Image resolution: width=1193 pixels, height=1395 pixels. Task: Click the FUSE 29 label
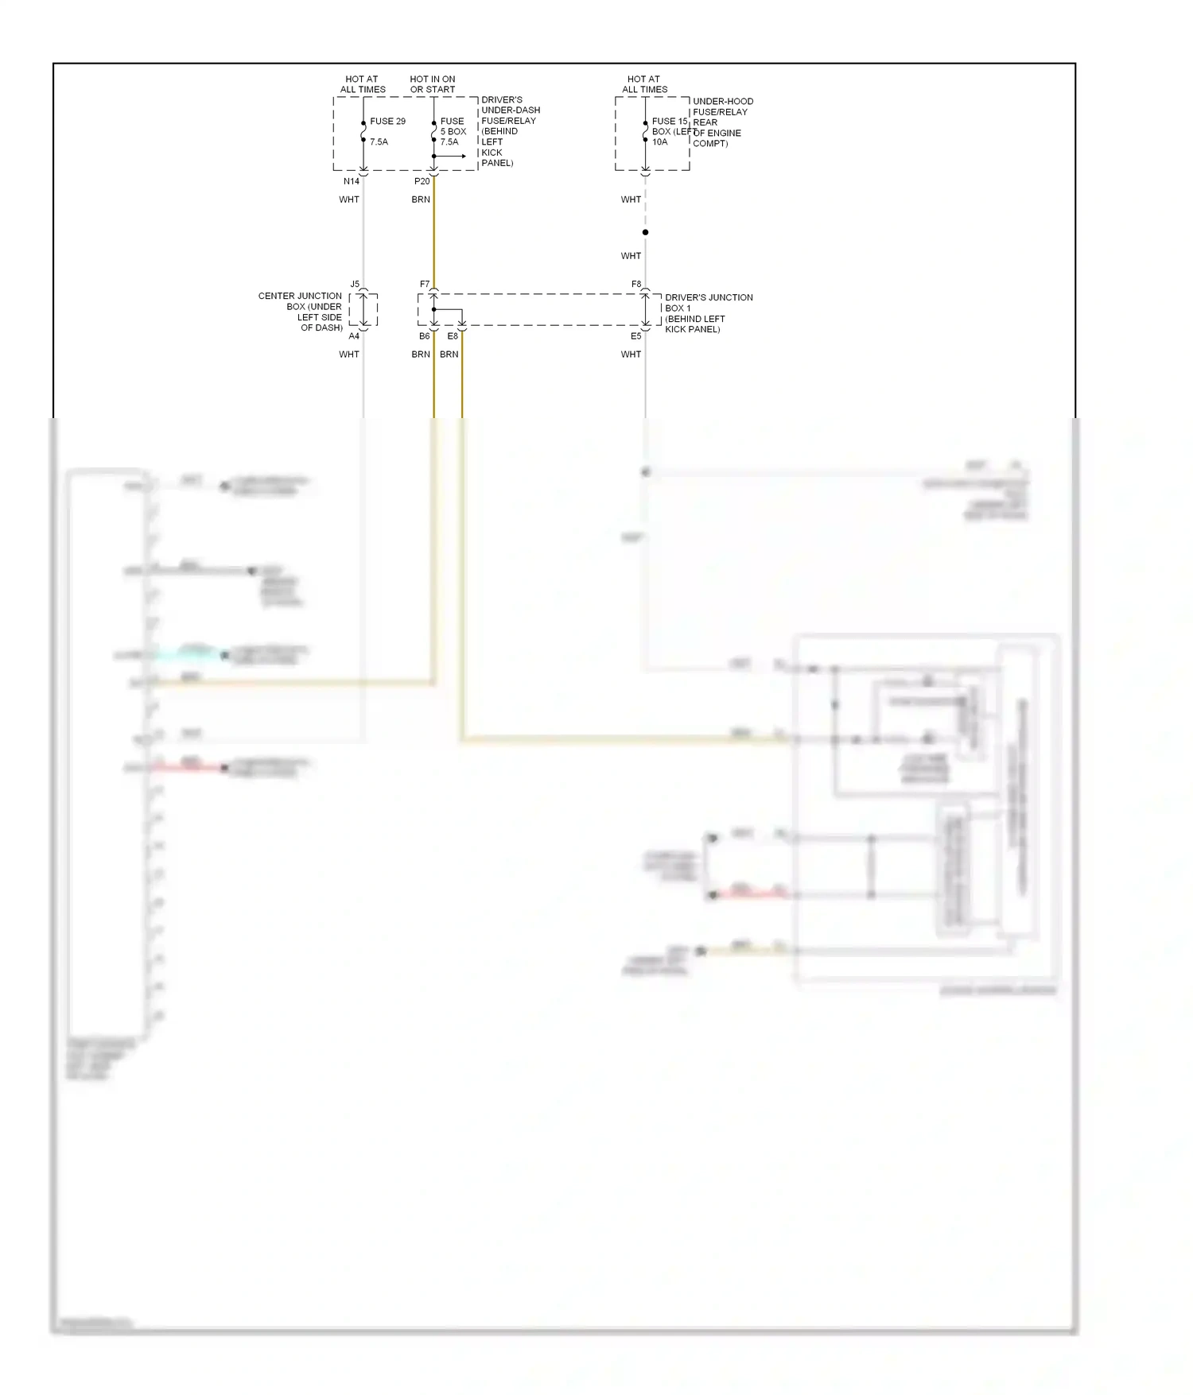point(387,122)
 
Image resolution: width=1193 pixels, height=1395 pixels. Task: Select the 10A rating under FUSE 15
point(660,142)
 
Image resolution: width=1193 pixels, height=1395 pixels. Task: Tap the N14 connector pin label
point(352,181)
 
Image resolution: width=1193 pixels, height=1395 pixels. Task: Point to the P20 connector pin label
point(422,181)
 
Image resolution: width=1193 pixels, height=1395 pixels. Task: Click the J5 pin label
point(355,284)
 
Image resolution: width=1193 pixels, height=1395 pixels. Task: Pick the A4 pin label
point(354,336)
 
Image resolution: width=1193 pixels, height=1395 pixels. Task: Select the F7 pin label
point(425,284)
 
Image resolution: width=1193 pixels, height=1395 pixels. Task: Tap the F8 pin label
point(636,284)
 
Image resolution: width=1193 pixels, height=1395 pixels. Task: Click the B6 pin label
point(425,336)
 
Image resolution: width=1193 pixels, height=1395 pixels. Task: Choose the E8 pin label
point(453,336)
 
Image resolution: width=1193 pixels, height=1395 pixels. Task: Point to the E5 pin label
point(636,336)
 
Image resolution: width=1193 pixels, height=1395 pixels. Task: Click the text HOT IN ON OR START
point(433,84)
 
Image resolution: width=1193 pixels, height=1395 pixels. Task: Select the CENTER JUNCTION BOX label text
point(301,312)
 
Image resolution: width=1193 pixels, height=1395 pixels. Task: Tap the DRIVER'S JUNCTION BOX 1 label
point(708,313)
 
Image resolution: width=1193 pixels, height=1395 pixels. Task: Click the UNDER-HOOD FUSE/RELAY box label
point(722,122)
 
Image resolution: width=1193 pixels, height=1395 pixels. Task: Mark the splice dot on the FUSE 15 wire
point(645,232)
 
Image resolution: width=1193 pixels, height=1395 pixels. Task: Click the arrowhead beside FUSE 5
point(464,156)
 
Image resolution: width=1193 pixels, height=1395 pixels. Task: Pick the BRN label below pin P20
point(421,200)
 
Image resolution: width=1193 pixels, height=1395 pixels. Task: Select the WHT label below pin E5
point(631,355)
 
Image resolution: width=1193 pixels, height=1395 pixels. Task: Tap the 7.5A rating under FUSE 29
point(379,142)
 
